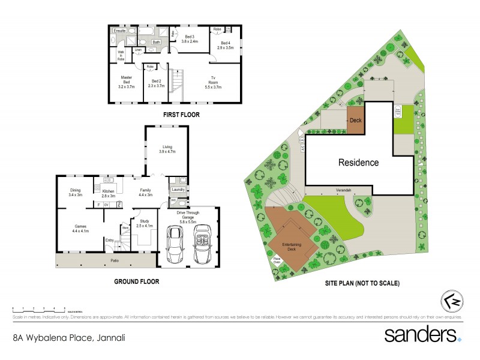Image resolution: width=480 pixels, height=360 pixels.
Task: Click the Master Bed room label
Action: click(126, 80)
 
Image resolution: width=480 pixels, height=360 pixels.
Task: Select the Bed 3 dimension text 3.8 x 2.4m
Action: click(190, 41)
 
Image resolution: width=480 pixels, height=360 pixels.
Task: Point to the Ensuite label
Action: click(119, 29)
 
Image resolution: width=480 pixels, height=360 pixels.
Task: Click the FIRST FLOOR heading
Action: click(181, 114)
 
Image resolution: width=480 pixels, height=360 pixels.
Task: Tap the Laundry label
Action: click(178, 190)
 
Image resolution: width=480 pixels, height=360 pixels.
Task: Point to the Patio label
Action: click(114, 260)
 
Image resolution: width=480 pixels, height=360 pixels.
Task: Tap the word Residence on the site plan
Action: click(358, 162)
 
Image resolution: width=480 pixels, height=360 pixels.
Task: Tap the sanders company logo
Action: click(422, 334)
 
